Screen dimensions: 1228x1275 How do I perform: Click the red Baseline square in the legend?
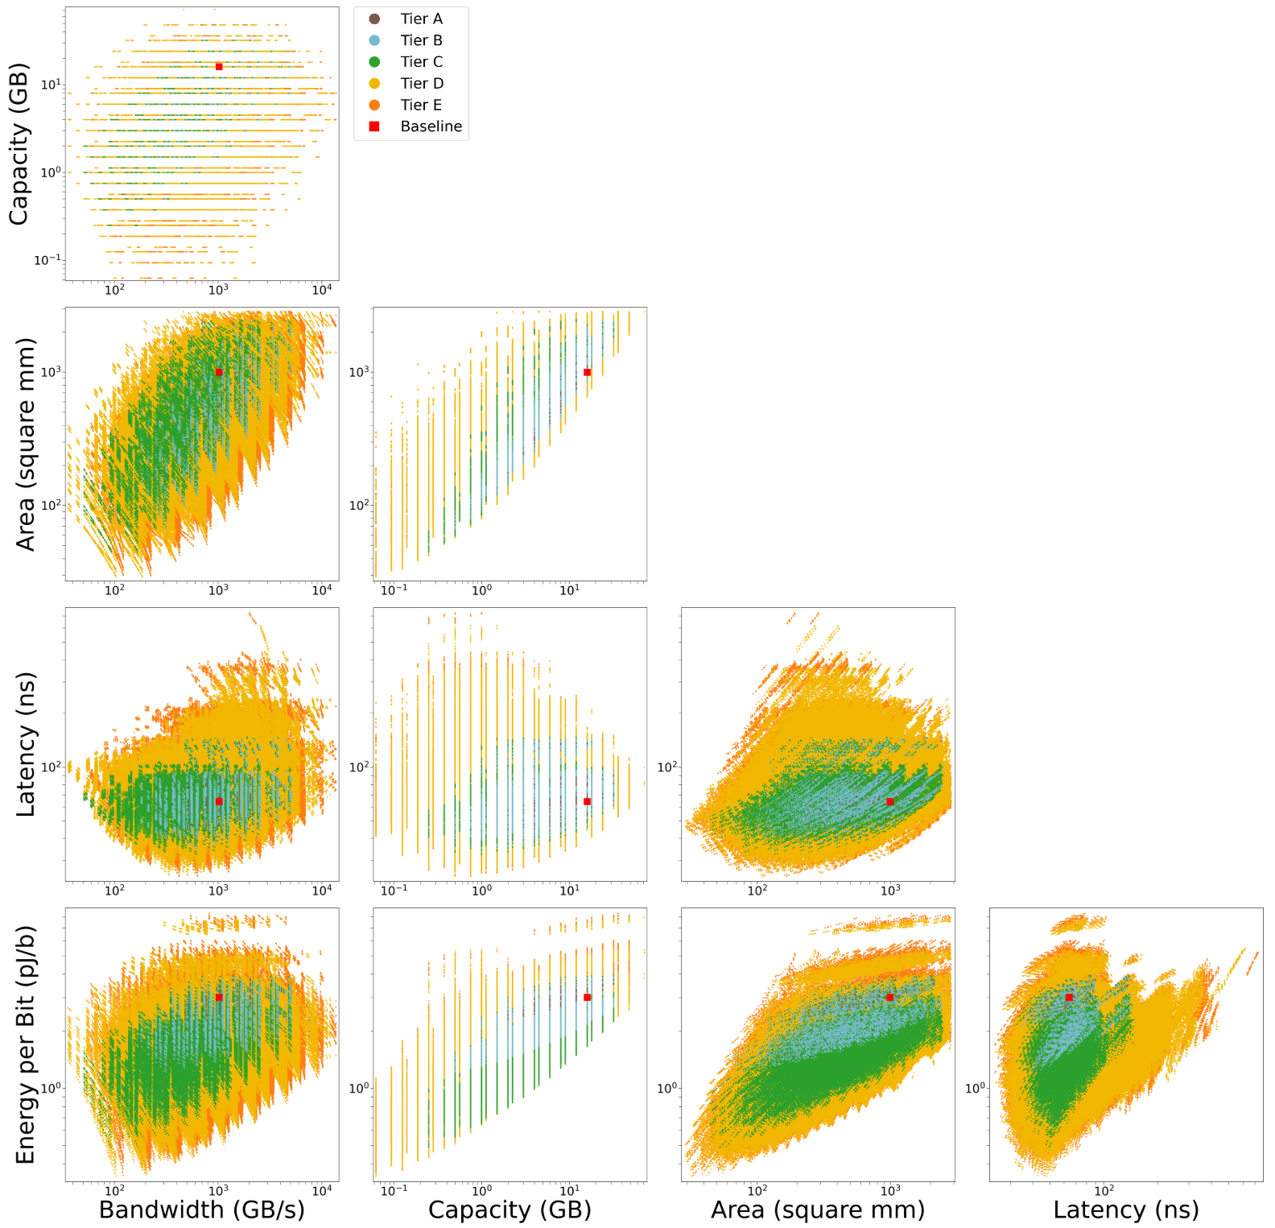coord(374,126)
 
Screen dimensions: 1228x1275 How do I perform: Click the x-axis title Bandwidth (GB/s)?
coord(201,1209)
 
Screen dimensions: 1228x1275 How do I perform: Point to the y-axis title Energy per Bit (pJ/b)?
coord(25,1044)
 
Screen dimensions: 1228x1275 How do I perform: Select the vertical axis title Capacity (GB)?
coord(19,143)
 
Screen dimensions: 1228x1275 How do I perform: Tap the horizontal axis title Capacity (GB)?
coord(510,1209)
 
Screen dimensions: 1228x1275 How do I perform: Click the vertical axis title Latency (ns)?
coord(25,744)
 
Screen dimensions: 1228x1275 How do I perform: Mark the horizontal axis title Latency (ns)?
coord(1126,1209)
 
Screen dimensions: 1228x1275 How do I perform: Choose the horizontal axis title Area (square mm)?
coord(818,1209)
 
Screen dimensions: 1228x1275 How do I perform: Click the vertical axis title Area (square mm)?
coord(25,444)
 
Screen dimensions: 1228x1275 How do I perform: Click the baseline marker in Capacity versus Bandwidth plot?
coord(219,67)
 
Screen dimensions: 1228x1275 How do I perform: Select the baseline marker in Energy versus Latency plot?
coord(1069,998)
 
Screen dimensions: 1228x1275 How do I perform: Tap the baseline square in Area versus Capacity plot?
coord(587,372)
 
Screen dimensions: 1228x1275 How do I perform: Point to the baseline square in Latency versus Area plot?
coord(889,801)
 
